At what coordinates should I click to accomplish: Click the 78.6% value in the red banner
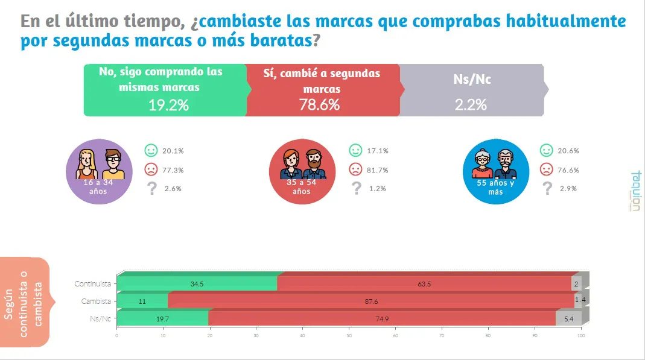pos(319,104)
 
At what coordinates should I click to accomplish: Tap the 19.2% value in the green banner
pos(168,105)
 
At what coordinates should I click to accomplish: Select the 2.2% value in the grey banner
pos(471,105)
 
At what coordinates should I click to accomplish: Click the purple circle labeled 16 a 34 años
pos(100,171)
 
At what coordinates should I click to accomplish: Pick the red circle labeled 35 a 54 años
pos(302,171)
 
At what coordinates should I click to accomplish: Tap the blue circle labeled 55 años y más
pos(495,171)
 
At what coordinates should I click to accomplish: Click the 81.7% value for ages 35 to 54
pos(378,169)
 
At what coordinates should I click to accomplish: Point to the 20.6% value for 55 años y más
pos(568,151)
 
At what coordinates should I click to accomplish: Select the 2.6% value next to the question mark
pos(173,189)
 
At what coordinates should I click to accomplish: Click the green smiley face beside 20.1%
pos(151,150)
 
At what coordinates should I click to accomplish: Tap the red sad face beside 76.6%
pos(547,169)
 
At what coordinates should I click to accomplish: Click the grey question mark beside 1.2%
pos(356,189)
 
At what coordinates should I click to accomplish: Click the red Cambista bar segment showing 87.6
pos(371,301)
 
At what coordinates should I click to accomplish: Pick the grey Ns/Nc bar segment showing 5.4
pos(568,318)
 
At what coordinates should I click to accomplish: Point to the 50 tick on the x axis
pos(349,336)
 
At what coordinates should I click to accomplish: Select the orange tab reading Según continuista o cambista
pos(24,302)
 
